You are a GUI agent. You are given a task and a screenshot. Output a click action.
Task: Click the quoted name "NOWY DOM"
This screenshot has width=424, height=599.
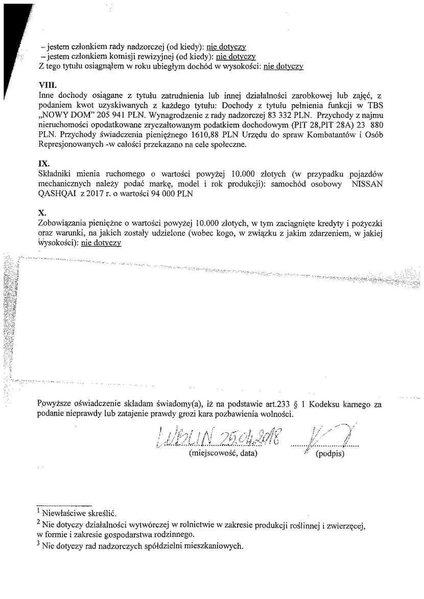coord(63,115)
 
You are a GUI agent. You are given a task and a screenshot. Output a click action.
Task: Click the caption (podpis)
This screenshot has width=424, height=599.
coord(331,453)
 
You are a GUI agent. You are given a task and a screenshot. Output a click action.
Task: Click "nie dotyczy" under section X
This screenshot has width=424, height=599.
coord(101,243)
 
